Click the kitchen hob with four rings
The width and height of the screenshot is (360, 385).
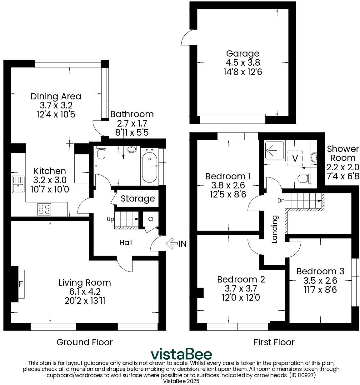44,209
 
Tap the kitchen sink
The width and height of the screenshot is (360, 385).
18,184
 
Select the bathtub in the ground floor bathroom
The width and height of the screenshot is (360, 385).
149,166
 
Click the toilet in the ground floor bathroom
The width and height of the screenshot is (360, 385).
101,153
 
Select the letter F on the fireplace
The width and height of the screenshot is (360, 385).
21,284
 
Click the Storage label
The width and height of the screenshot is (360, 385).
138,199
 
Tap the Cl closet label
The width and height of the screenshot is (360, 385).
151,219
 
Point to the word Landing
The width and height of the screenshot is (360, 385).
275,229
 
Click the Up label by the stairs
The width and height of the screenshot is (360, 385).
110,219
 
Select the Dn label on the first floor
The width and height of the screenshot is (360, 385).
281,201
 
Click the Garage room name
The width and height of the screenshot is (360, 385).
242,54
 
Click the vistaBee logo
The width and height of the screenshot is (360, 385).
181,354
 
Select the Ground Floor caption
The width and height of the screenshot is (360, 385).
84,342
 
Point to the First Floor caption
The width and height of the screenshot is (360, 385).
274,342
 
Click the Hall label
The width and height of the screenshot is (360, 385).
126,242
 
